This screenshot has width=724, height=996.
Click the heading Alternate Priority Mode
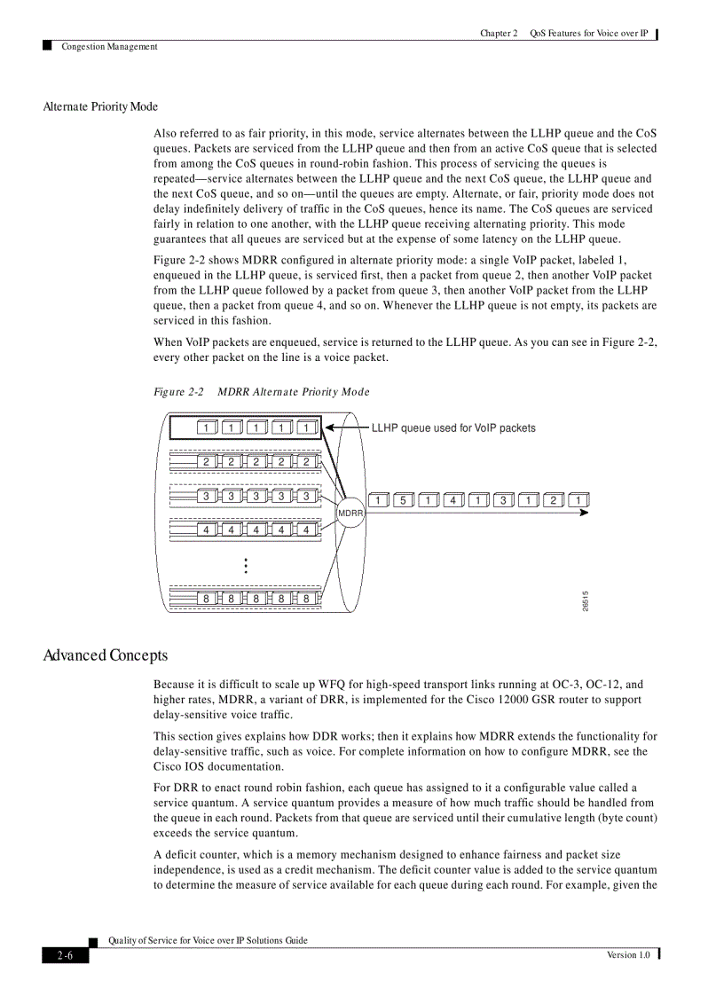point(100,106)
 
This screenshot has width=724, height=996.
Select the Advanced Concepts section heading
point(105,655)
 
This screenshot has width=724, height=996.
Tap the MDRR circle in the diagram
point(350,514)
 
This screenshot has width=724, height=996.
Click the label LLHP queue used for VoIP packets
point(453,427)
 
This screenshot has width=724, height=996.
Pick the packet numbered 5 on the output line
point(403,500)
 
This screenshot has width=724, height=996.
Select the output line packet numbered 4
point(452,500)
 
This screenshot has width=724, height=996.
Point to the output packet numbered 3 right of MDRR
point(503,500)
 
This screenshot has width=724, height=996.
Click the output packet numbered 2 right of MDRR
point(553,500)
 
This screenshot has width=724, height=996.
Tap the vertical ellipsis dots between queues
point(245,566)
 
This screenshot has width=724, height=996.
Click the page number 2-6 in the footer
point(66,955)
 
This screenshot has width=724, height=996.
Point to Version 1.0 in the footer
point(628,954)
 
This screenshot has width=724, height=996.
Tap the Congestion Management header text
point(109,46)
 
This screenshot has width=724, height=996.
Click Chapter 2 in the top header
point(499,34)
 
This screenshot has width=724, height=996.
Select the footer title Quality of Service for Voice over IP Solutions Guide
point(208,940)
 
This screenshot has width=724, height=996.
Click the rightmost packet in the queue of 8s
point(306,598)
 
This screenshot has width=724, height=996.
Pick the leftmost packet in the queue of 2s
point(206,461)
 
